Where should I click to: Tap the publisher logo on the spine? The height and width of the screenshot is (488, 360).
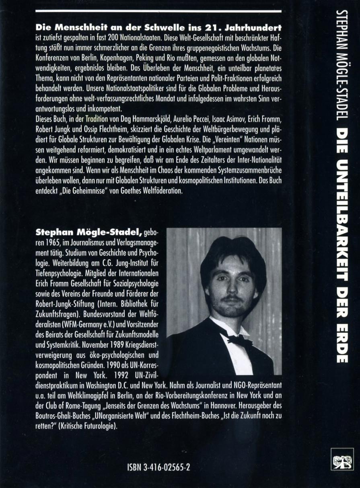342,459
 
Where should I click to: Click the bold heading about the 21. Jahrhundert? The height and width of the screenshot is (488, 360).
158,28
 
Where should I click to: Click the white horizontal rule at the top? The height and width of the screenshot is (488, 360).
158,11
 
